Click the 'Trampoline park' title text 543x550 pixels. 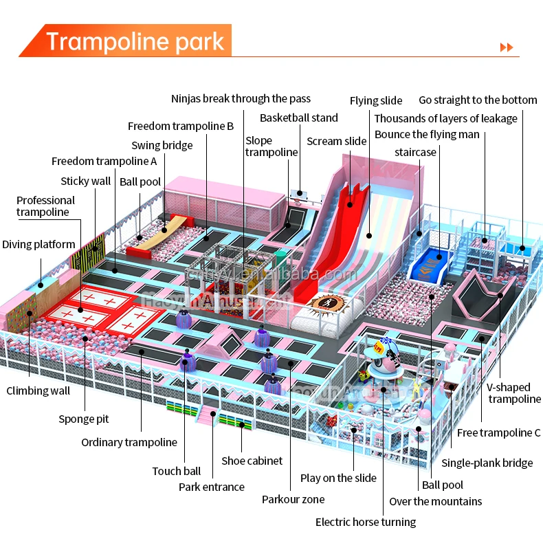135,41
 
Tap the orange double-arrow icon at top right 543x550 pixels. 507,47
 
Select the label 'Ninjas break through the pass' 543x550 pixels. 241,99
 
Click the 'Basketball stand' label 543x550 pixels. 298,118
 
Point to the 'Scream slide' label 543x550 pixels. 337,141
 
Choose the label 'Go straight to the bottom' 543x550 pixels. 478,100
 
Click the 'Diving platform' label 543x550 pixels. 38,244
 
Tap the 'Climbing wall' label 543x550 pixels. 38,390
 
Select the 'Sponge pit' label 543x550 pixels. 83,419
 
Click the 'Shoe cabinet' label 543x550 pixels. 252,461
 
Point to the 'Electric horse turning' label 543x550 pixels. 366,522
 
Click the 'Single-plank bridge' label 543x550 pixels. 487,463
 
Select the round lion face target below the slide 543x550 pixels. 325,303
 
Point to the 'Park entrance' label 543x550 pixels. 212,487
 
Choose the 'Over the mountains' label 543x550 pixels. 436,501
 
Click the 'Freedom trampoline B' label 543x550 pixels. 181,126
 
